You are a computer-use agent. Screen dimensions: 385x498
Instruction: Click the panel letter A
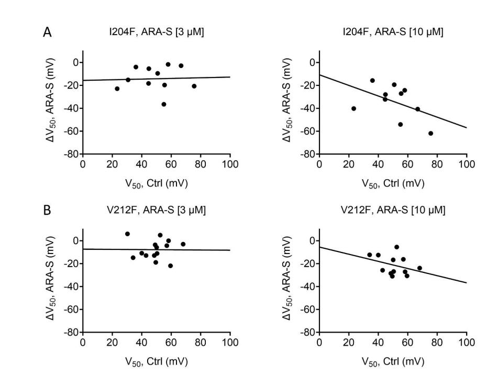point(47,32)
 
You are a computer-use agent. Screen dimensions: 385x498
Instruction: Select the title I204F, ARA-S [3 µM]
point(156,33)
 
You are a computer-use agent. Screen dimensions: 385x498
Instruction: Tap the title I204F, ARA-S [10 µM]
point(393,33)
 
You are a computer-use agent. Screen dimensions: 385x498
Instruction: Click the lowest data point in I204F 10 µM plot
point(430,133)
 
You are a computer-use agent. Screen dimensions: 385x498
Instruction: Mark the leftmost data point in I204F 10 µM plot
point(353,108)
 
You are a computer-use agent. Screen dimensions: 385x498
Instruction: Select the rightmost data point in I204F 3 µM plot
point(194,86)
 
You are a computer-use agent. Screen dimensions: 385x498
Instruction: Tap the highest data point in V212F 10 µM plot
point(396,247)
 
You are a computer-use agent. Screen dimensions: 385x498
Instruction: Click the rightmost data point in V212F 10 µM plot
point(419,268)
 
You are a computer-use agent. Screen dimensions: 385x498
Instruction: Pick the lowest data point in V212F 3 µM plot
point(170,266)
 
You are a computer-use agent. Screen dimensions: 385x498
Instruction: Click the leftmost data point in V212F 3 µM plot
point(127,234)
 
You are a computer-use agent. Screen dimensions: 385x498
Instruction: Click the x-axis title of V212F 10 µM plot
point(393,362)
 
